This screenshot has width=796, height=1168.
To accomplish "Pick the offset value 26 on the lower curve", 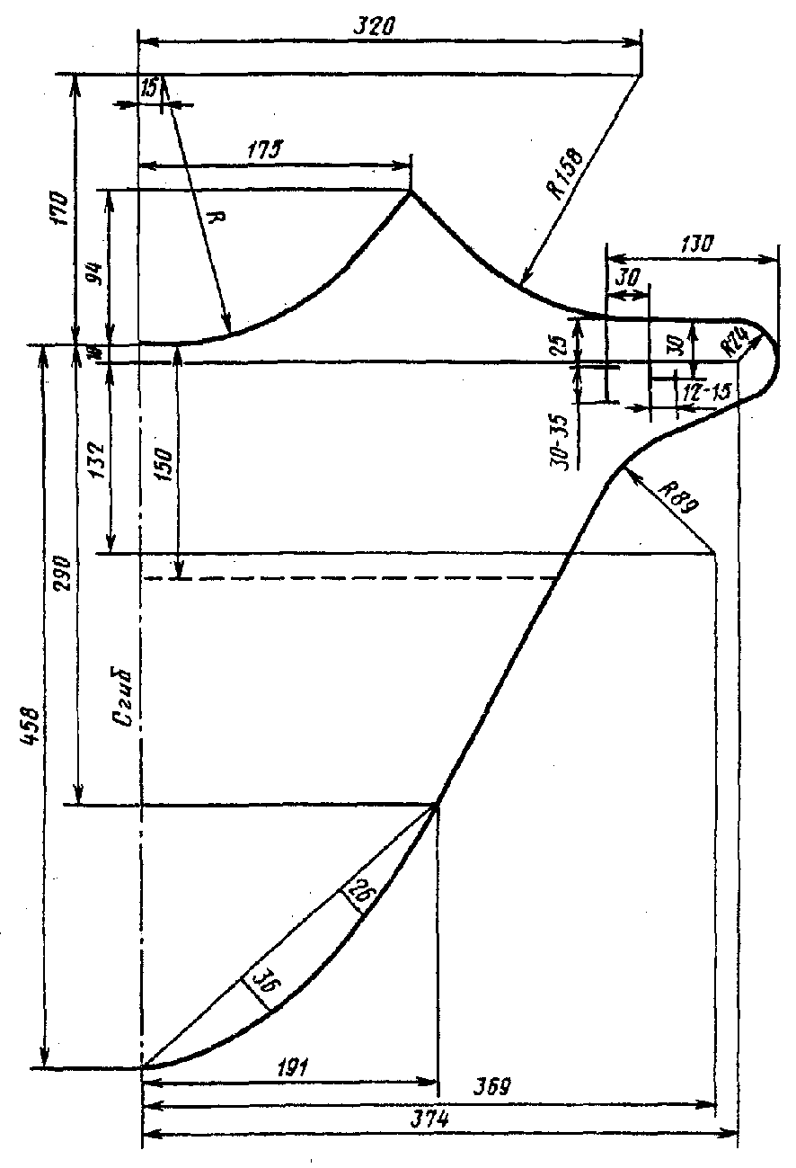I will [x=360, y=894].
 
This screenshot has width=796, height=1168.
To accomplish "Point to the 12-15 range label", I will [x=707, y=392].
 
